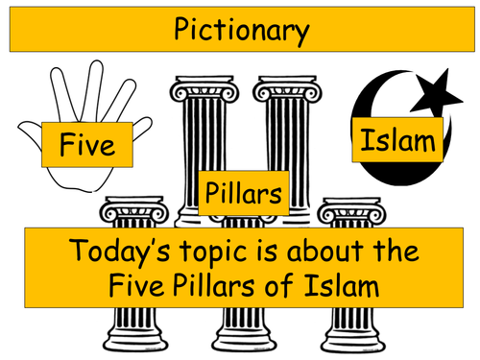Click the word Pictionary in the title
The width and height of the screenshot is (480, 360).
(x=242, y=30)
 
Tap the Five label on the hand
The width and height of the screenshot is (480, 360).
(x=87, y=145)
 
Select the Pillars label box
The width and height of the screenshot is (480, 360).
(x=244, y=193)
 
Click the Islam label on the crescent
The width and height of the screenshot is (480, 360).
(x=397, y=140)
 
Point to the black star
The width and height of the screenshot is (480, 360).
(x=436, y=93)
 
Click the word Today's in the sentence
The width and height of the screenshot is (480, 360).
(x=119, y=251)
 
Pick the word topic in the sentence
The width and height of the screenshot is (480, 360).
(x=213, y=251)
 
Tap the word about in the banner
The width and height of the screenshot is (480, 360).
(x=324, y=251)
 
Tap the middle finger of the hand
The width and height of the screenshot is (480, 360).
(x=95, y=89)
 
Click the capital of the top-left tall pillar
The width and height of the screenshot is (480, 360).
(x=204, y=88)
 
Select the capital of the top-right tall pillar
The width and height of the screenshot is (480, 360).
(x=287, y=88)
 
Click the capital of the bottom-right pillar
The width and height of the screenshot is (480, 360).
(x=351, y=210)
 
